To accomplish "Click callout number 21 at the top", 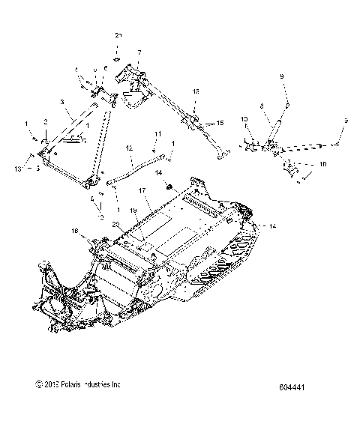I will tap(118, 36).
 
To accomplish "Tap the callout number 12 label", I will tap(129, 149).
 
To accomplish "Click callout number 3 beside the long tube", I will tap(62, 100).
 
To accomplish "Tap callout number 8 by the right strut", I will tap(261, 107).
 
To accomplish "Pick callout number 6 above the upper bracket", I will tap(105, 69).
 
